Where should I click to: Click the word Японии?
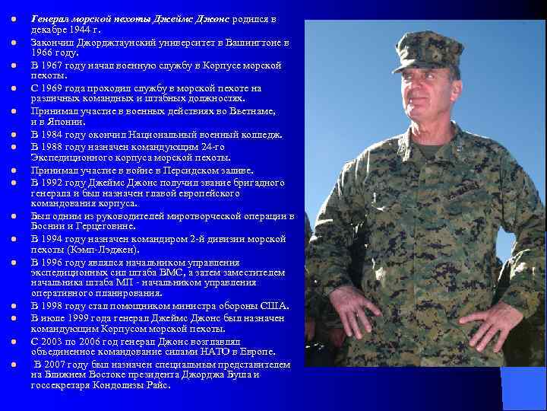click(x=63, y=122)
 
